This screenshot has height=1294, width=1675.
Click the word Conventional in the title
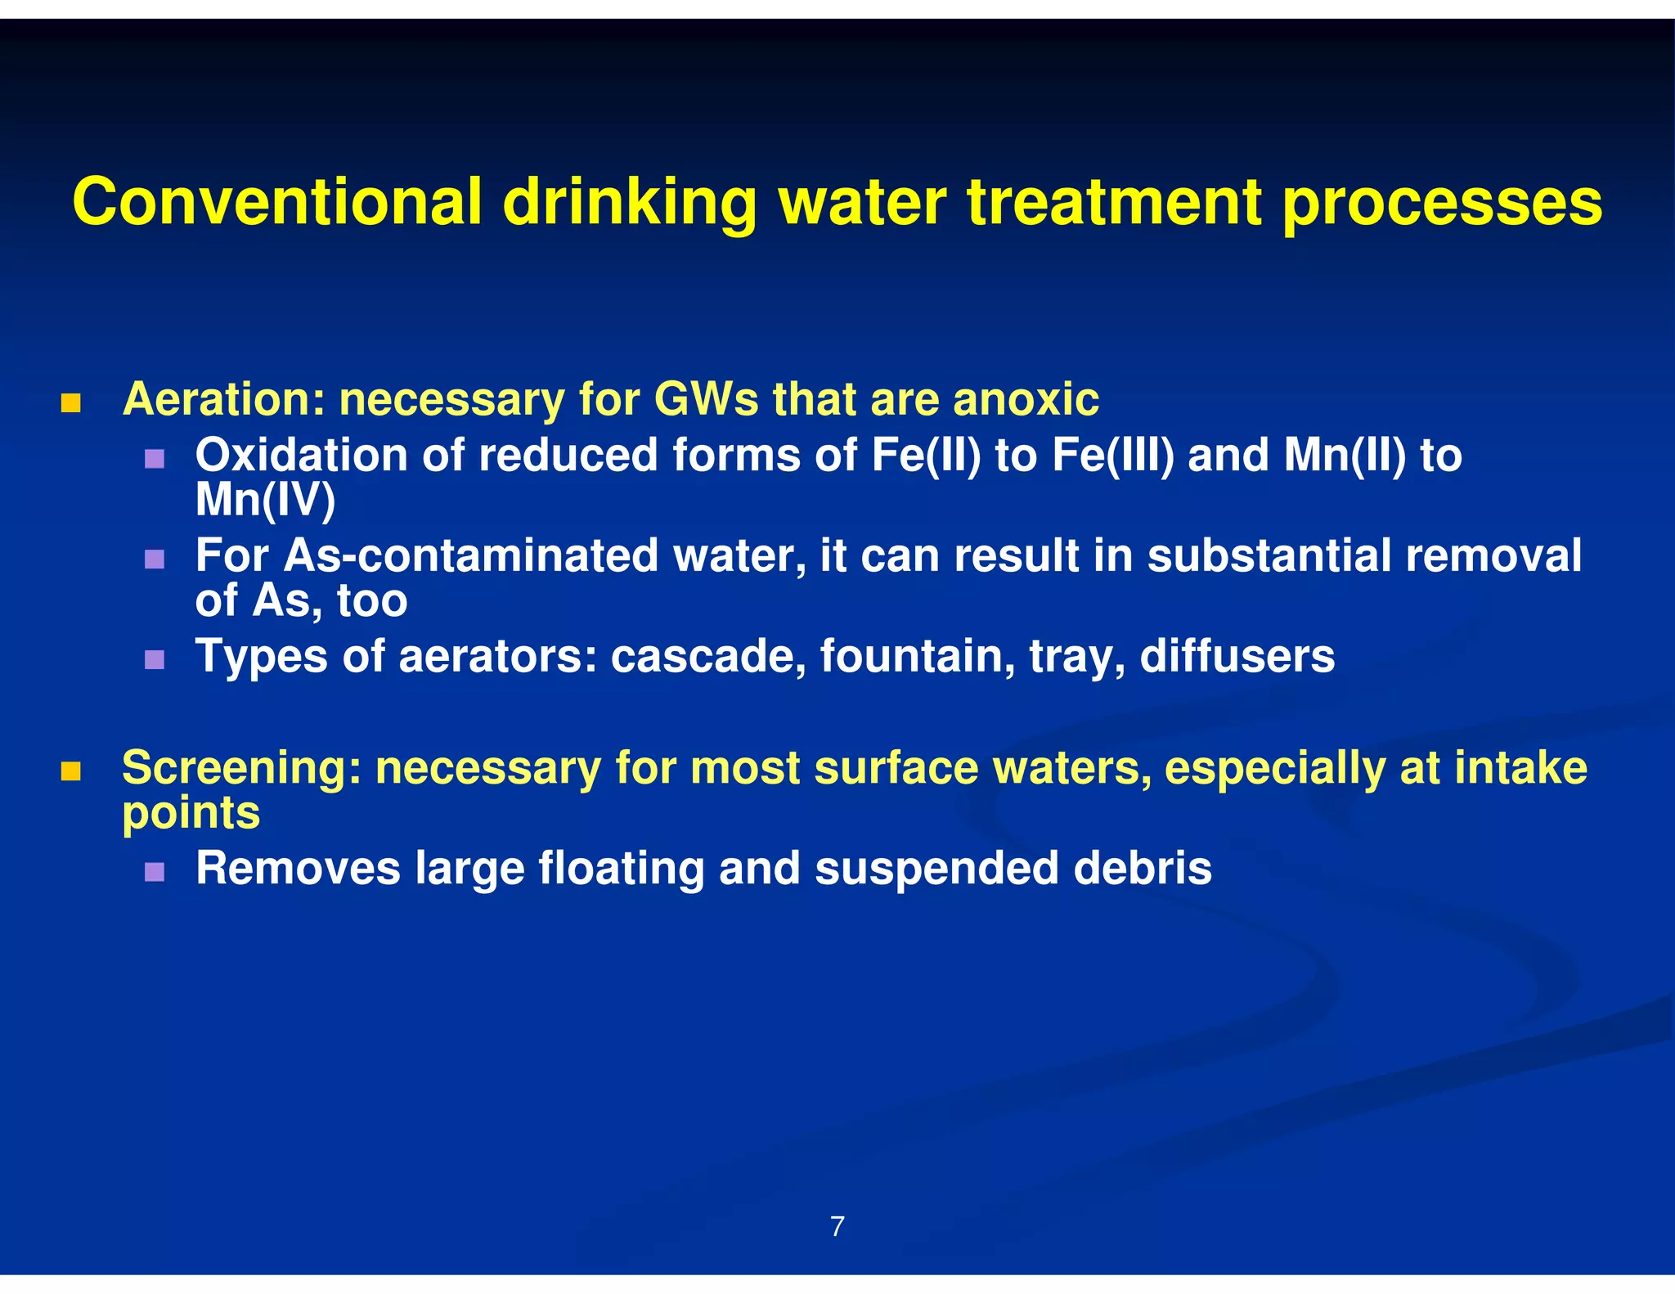(x=277, y=202)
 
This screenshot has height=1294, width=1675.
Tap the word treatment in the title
(x=1113, y=202)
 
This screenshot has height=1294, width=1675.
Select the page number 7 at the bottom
(x=837, y=1226)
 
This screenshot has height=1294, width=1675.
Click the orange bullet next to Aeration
(x=71, y=403)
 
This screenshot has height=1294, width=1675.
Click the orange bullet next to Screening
(x=71, y=771)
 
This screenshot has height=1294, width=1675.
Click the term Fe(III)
(x=1112, y=456)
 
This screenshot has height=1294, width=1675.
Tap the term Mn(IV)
(x=265, y=500)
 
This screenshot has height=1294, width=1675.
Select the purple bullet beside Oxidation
(x=155, y=459)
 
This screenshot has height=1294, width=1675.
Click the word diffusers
(x=1237, y=657)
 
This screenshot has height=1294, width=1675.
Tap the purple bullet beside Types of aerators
(x=155, y=660)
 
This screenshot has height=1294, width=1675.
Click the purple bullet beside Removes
(x=155, y=872)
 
